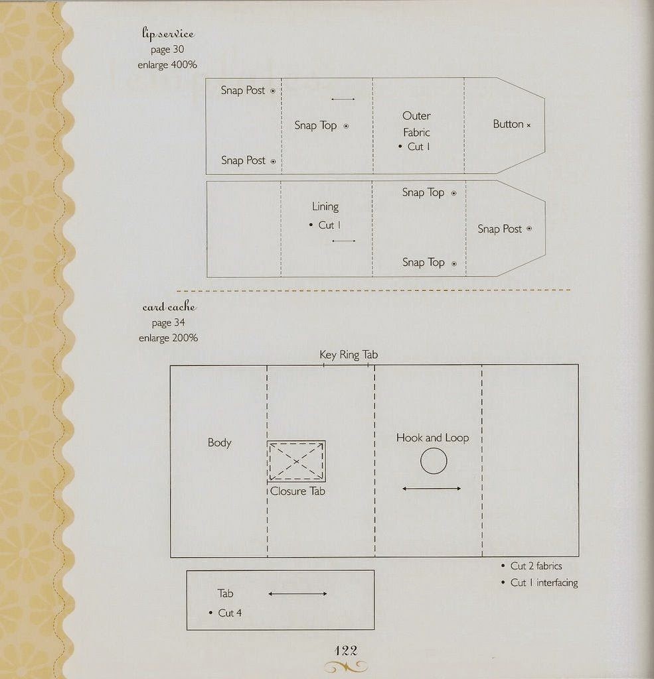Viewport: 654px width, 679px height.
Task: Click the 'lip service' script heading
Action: (x=168, y=33)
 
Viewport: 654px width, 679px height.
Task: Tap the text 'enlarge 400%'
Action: (x=167, y=65)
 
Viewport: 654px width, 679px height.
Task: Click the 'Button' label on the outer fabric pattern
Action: (x=509, y=124)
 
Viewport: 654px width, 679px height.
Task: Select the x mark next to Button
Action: (x=529, y=125)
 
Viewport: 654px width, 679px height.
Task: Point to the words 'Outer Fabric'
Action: (x=416, y=124)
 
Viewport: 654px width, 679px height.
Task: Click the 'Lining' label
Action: (x=325, y=207)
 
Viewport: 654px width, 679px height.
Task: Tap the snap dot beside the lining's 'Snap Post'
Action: (x=529, y=228)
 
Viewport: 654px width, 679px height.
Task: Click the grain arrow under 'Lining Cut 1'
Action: (x=343, y=241)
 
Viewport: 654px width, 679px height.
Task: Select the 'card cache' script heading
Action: (x=169, y=307)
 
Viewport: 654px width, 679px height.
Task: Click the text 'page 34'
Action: (x=168, y=323)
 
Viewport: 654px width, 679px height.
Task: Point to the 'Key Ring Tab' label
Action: (x=349, y=355)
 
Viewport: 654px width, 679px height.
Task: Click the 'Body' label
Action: (x=220, y=442)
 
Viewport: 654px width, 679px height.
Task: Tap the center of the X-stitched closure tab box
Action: (x=296, y=462)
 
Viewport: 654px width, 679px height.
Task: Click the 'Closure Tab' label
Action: (x=297, y=491)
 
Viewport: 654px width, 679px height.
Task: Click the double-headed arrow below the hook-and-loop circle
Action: (x=432, y=489)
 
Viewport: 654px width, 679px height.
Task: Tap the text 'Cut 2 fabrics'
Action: (x=536, y=566)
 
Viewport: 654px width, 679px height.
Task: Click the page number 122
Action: (x=346, y=650)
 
